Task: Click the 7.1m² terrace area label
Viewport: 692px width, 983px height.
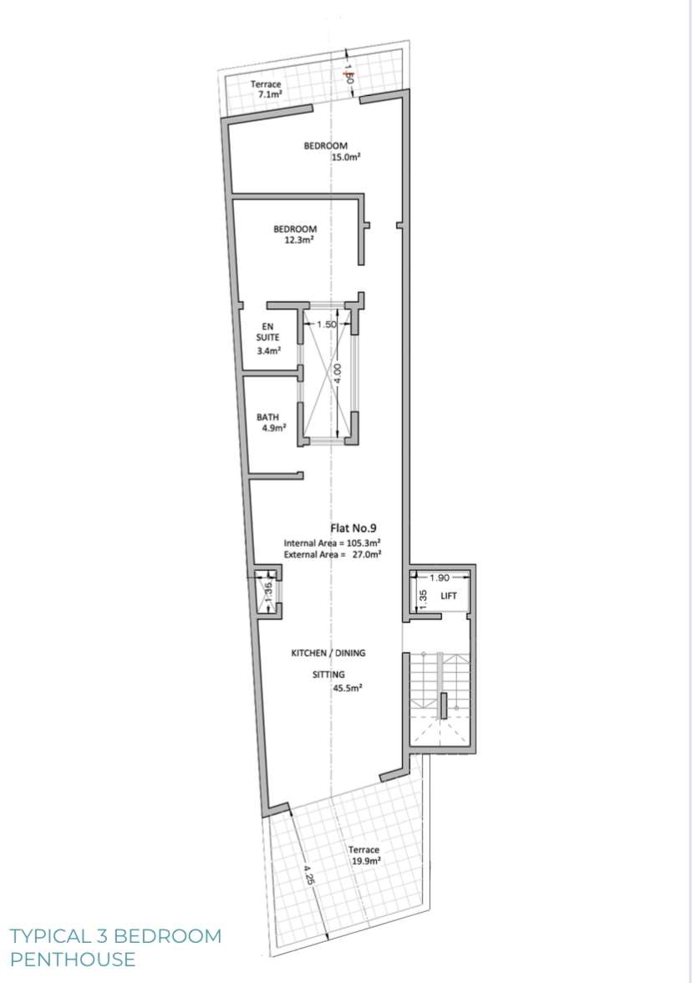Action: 268,95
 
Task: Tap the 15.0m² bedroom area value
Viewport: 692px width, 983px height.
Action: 345,156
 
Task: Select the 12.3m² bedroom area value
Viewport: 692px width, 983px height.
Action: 296,240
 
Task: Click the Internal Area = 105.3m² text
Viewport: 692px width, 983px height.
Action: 333,542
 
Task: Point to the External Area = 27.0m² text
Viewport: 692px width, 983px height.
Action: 333,553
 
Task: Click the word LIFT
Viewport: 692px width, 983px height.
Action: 449,596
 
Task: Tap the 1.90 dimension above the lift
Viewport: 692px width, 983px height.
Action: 439,578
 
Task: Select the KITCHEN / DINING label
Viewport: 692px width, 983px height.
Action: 328,653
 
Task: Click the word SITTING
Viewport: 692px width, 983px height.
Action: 328,673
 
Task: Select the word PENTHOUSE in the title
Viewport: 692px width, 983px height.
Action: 73,959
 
